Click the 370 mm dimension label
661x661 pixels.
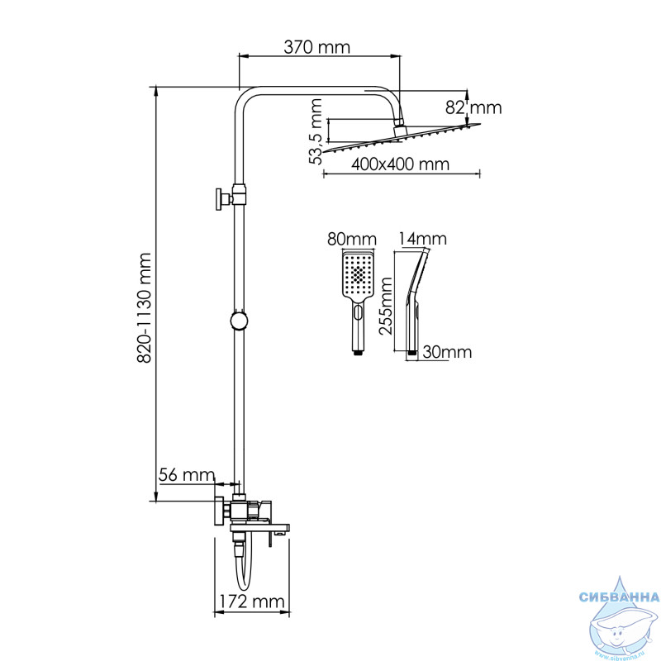[x=316, y=47]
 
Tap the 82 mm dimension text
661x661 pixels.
[x=473, y=108]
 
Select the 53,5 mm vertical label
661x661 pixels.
[x=315, y=131]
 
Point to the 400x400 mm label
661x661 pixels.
[x=400, y=164]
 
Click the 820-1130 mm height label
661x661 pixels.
[x=145, y=307]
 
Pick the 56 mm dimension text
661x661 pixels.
[x=187, y=475]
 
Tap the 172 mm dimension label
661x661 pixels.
[x=252, y=602]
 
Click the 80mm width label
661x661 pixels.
[x=352, y=240]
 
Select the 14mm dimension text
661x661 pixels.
[x=422, y=239]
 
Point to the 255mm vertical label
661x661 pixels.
[x=386, y=306]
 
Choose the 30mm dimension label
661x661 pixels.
[x=447, y=352]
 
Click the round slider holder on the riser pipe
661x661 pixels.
[x=239, y=321]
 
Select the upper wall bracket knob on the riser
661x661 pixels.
[x=221, y=199]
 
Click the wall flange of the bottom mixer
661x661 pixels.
[x=219, y=511]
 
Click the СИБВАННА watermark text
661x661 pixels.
[x=619, y=597]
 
